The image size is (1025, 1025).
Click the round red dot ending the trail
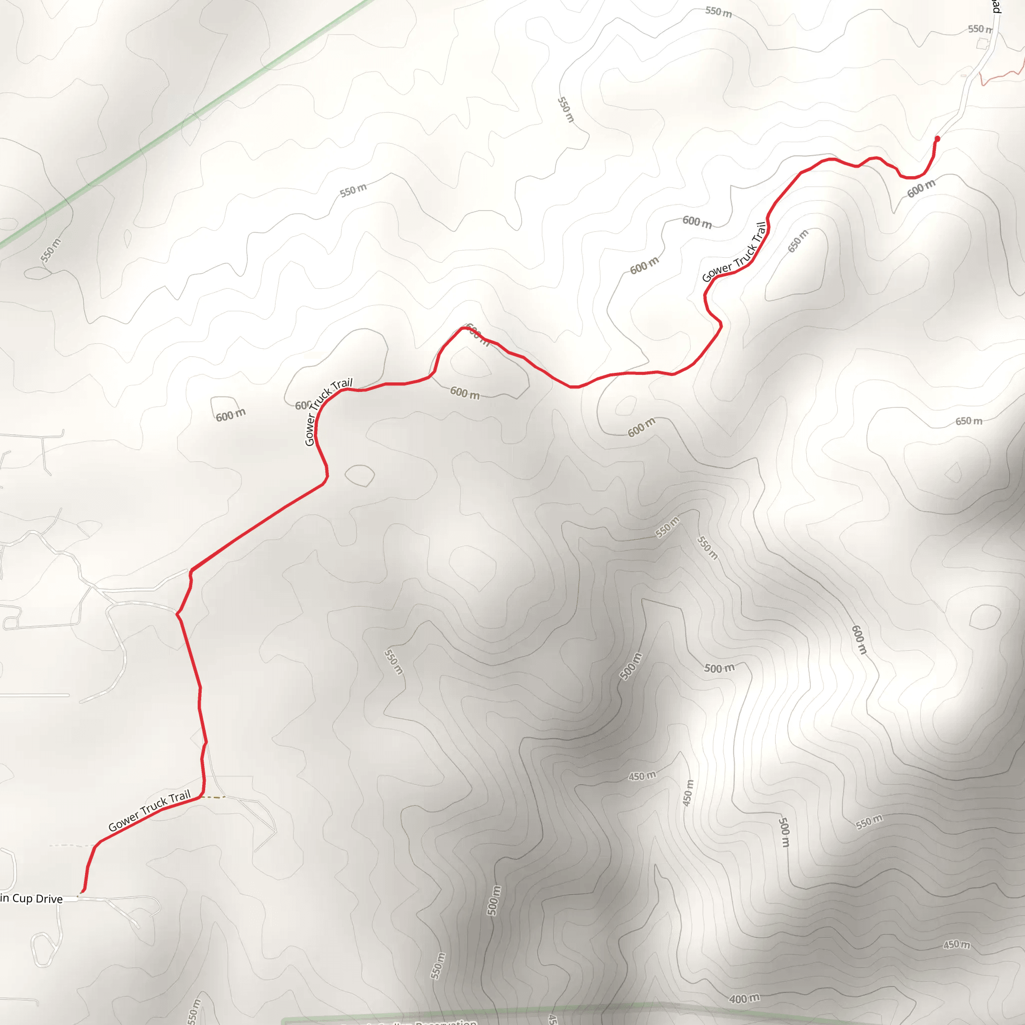click(937, 139)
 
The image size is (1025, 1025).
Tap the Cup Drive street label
click(32, 899)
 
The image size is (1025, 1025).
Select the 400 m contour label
click(744, 999)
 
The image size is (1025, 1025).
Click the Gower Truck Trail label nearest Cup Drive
click(149, 811)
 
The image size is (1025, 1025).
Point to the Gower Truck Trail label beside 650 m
click(735, 252)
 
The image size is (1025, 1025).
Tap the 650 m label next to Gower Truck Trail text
click(798, 241)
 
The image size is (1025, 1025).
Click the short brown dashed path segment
click(213, 797)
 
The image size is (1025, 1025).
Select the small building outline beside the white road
click(982, 44)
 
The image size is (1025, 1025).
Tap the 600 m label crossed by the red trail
click(476, 334)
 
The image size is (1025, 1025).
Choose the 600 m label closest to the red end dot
click(921, 188)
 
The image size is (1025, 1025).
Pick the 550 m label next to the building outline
click(979, 29)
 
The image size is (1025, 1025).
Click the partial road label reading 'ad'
click(996, 7)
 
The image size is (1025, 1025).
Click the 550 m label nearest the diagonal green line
click(51, 250)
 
